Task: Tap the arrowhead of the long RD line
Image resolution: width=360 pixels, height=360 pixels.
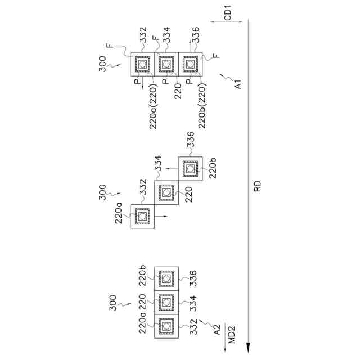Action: point(247,349)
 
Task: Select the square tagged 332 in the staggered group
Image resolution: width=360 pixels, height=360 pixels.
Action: point(142,217)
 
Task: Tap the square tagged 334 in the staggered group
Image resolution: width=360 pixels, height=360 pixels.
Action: point(166,192)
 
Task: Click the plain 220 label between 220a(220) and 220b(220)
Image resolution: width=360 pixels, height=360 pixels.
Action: point(178,91)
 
